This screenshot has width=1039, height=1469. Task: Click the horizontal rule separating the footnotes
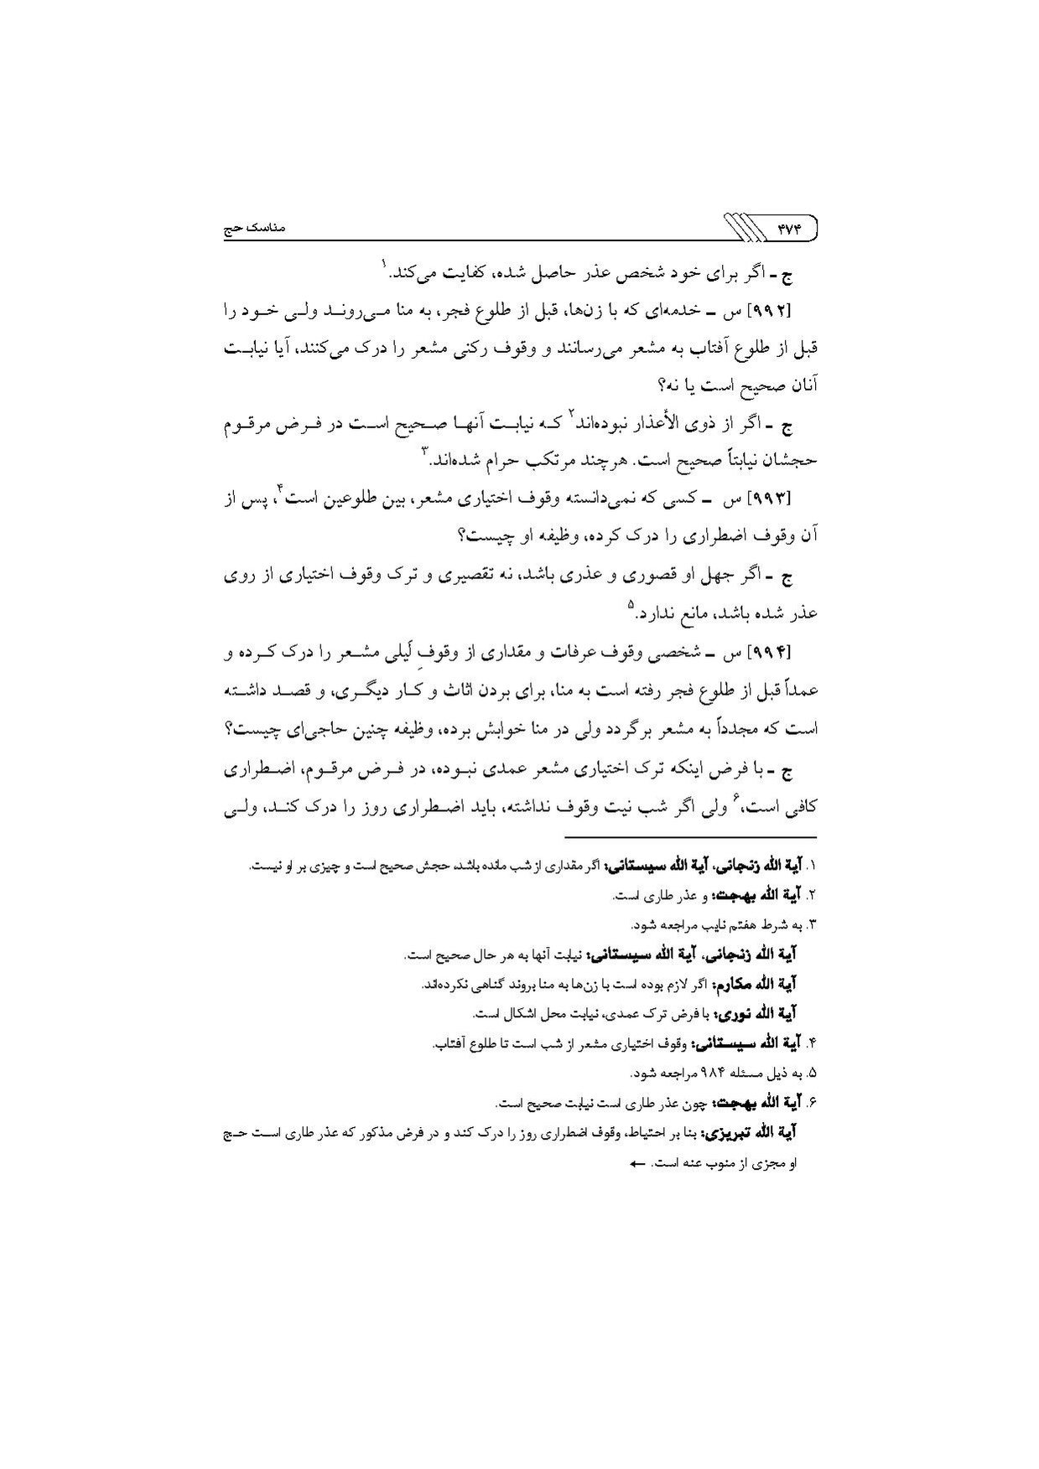pyautogui.click(x=689, y=837)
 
